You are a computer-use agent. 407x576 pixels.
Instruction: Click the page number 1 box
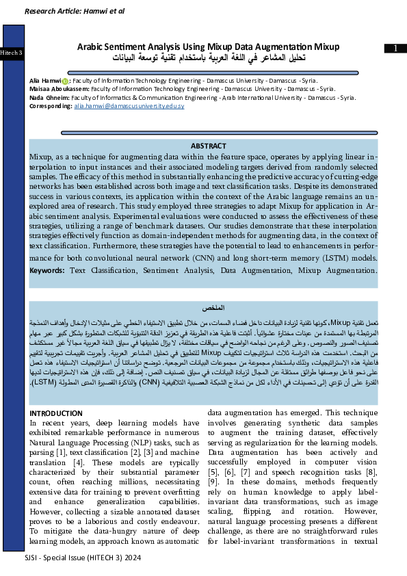pos(395,48)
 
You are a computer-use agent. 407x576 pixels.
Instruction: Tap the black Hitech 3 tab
pos(12,53)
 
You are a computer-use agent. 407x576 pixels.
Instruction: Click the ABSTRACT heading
pos(208,146)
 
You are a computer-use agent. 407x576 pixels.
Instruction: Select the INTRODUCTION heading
pos(56,413)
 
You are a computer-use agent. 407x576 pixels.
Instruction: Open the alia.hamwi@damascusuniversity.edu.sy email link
pos(129,107)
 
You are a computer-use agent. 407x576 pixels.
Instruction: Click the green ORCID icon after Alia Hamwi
pos(65,81)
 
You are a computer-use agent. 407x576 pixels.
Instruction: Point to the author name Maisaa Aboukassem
pos(59,89)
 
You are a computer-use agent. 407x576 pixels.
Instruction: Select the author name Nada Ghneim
pos(50,98)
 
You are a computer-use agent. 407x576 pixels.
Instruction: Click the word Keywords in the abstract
pos(47,271)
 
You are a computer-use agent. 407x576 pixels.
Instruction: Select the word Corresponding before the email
pos(51,107)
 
